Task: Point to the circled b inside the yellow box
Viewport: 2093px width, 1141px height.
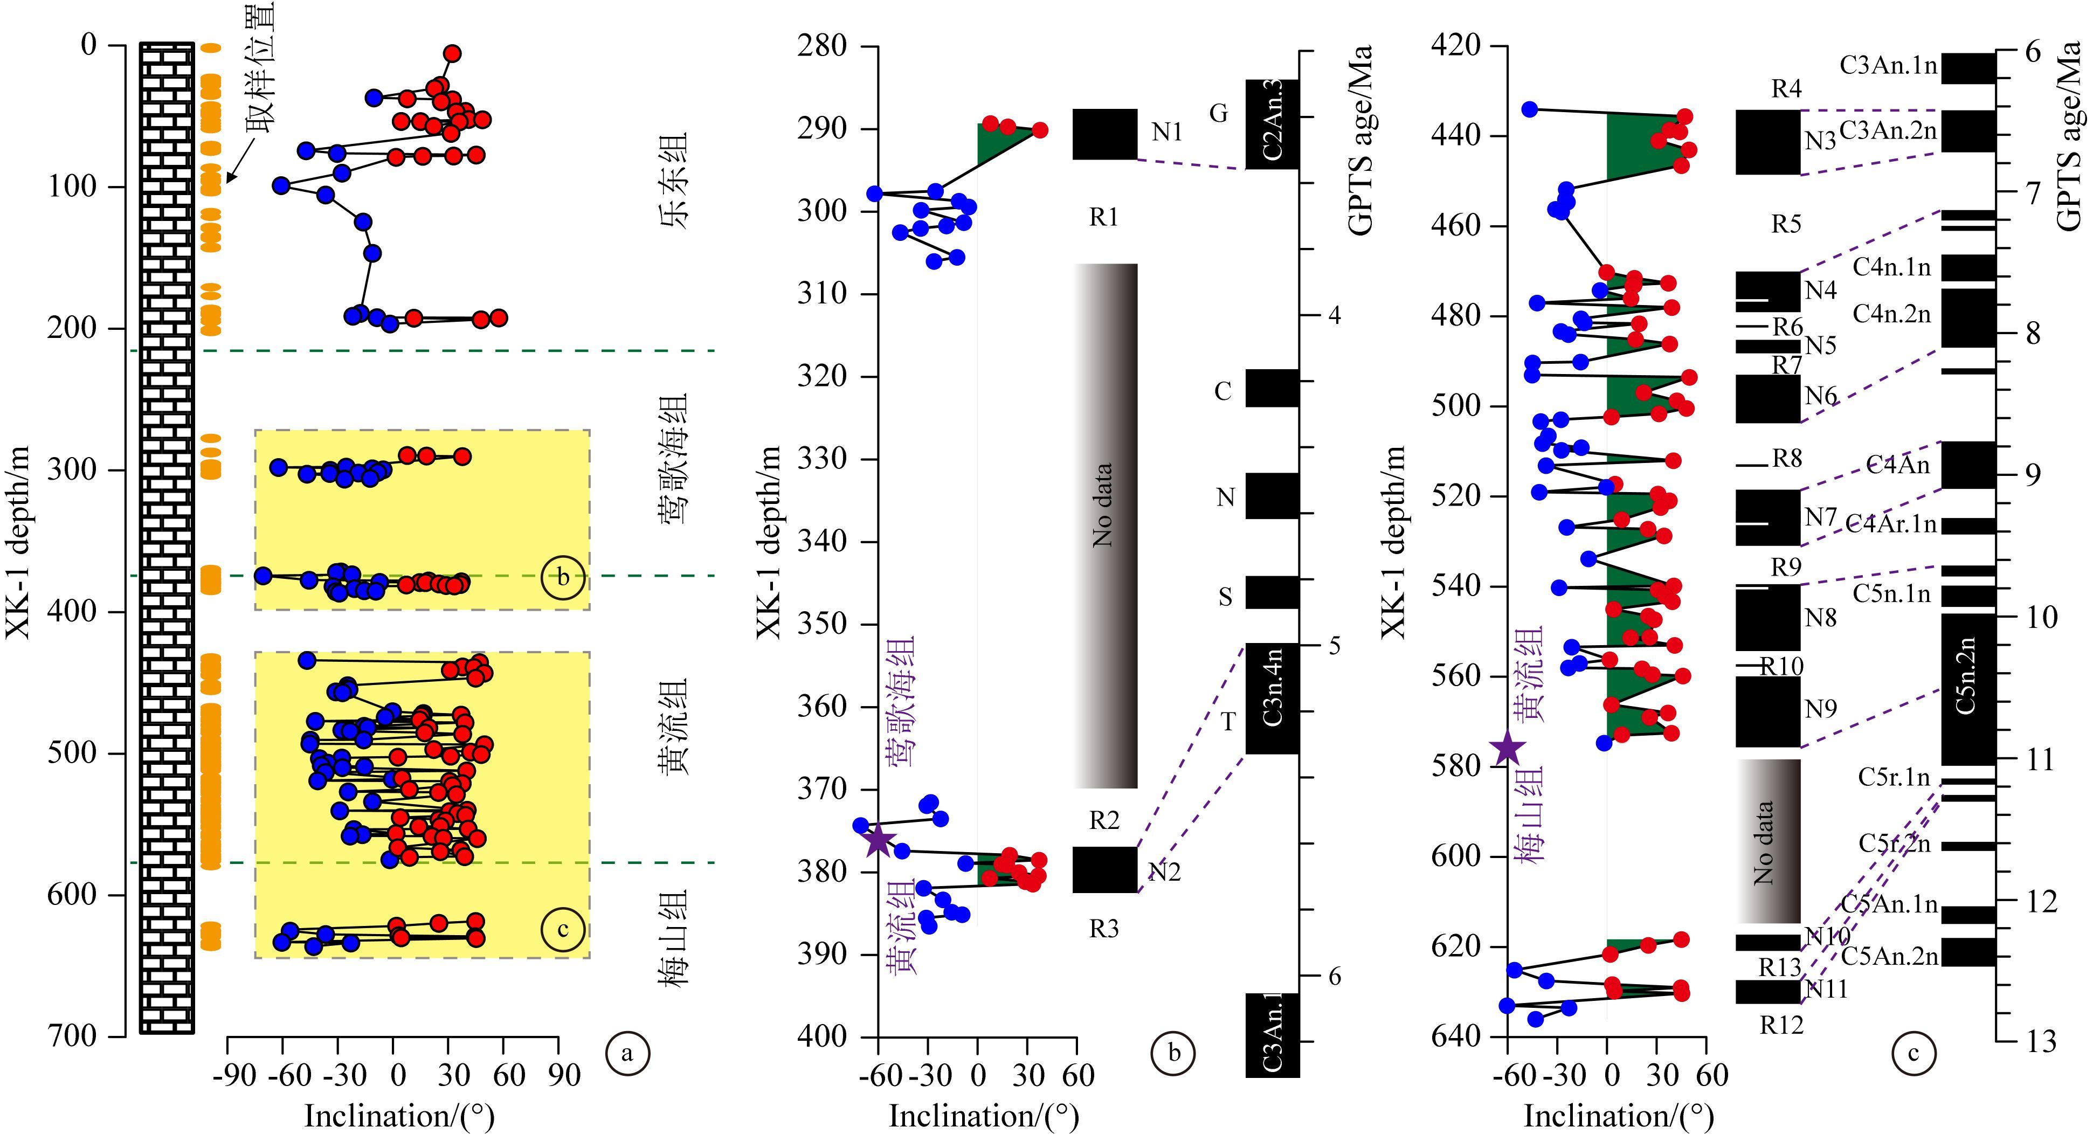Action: tap(563, 577)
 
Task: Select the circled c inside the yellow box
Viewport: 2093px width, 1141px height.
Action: tap(563, 929)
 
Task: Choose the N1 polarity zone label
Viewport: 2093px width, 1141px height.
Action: tap(1167, 132)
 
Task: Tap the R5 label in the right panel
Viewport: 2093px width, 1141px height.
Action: tap(1786, 224)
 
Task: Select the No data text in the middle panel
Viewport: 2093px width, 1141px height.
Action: tap(1103, 504)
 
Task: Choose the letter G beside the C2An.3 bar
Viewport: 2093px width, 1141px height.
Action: tap(1218, 114)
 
